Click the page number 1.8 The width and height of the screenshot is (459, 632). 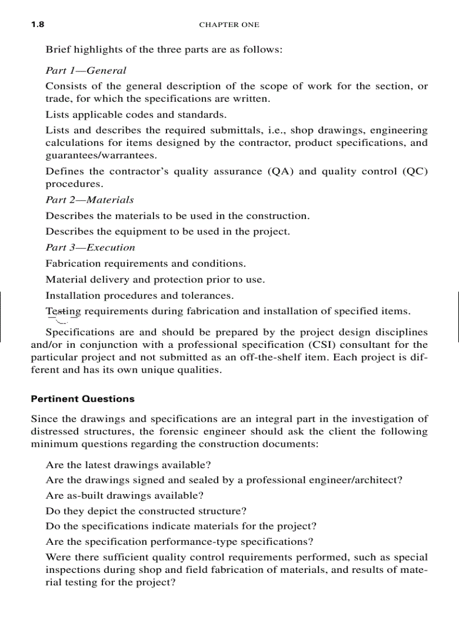click(38, 25)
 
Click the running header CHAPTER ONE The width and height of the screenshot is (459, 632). click(229, 25)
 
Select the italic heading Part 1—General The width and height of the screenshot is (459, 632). click(85, 70)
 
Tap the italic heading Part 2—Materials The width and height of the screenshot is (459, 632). click(89, 200)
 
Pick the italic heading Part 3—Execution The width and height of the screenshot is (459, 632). click(90, 247)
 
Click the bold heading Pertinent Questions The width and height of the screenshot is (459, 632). click(83, 399)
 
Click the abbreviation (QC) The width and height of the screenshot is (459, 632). click(415, 172)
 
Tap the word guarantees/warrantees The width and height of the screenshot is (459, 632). click(101, 155)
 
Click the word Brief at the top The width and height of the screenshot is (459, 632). click(58, 50)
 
